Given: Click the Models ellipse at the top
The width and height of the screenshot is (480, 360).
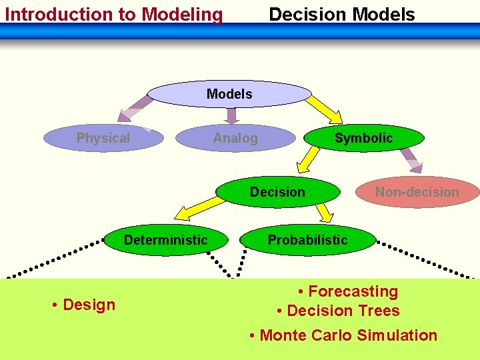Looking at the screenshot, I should [229, 94].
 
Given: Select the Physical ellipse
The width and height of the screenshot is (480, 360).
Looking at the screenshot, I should [103, 138].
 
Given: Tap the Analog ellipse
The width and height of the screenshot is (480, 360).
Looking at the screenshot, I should [235, 138].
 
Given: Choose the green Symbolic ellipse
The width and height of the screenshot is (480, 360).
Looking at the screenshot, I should [363, 138].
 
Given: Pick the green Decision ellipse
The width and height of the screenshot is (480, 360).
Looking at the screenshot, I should [277, 192].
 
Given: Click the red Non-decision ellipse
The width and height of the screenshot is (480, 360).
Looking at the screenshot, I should [417, 192].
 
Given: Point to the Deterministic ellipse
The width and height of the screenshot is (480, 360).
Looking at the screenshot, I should [166, 240].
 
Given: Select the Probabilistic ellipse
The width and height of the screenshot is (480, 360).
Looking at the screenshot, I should [307, 240].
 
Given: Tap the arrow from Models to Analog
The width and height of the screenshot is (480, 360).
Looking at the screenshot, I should [231, 116].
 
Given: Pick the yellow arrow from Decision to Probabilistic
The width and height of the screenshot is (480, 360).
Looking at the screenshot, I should [323, 211].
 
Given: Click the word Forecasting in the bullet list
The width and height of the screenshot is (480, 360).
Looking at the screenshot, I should [353, 291].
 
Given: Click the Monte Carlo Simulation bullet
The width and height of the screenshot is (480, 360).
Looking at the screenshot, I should [343, 335].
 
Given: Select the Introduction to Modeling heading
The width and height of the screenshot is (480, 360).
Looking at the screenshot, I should [113, 14].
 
